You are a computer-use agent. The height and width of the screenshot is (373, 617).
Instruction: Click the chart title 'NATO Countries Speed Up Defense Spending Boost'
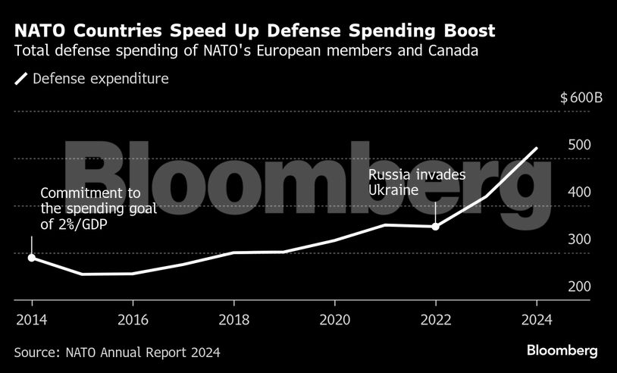[255, 31]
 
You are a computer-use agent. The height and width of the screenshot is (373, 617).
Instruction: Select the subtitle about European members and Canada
[246, 52]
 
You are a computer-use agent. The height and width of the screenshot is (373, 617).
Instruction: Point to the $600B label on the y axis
[575, 99]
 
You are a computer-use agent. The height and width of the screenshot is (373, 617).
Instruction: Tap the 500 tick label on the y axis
[578, 146]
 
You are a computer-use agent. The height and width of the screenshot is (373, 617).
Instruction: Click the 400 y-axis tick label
[578, 193]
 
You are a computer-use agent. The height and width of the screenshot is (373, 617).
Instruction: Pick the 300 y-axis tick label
[578, 240]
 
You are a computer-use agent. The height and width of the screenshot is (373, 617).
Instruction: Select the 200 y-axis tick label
[578, 287]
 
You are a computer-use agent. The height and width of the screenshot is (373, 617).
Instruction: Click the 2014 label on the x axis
[31, 319]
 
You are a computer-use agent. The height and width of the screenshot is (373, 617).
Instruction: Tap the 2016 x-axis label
[133, 319]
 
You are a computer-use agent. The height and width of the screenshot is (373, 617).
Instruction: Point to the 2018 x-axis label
[233, 319]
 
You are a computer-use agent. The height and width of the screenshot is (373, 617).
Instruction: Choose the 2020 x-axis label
[334, 319]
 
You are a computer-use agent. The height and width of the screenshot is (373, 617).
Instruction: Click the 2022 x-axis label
[435, 319]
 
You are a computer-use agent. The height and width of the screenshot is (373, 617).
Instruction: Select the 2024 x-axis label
[536, 319]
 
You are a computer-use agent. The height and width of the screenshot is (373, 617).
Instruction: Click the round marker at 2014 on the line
[31, 258]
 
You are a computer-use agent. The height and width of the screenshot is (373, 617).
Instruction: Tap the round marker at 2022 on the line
[435, 226]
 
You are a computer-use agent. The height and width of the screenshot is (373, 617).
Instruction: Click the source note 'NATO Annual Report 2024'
[117, 352]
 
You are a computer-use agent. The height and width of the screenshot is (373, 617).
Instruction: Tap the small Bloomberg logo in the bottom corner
[562, 350]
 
